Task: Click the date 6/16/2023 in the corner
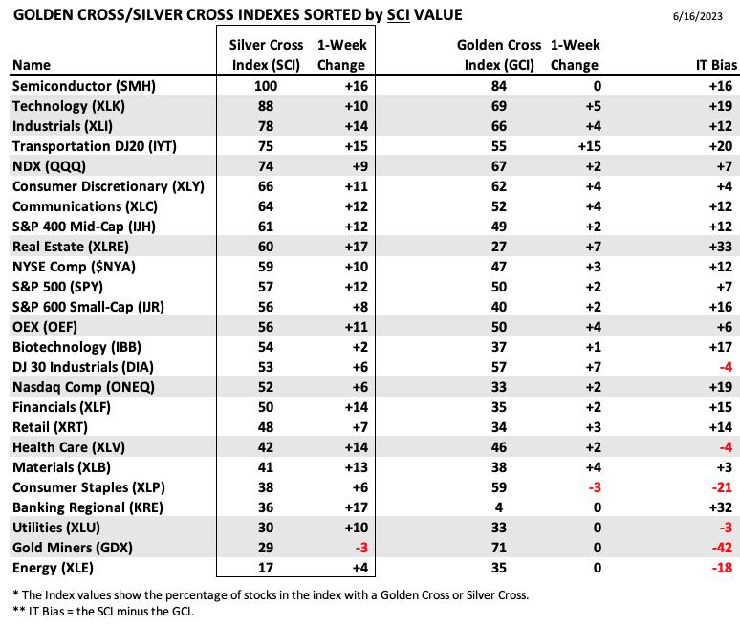click(698, 16)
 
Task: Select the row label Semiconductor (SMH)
click(83, 86)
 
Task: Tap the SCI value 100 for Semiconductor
click(266, 86)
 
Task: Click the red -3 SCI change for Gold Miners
click(361, 548)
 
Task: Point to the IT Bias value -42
click(722, 548)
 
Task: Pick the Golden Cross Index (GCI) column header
click(499, 54)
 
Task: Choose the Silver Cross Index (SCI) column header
click(266, 54)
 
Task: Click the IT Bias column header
click(716, 65)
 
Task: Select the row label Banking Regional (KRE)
click(88, 507)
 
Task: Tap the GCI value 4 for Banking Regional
click(499, 507)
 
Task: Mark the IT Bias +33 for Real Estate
click(721, 247)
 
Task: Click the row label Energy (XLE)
click(53, 568)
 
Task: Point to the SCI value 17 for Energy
click(266, 568)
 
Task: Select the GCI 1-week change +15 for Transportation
click(590, 146)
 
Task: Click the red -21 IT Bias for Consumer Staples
click(722, 486)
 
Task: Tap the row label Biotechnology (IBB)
click(76, 347)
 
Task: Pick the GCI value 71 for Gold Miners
click(499, 548)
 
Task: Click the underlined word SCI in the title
click(399, 15)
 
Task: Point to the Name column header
click(32, 65)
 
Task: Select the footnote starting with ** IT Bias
click(103, 612)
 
